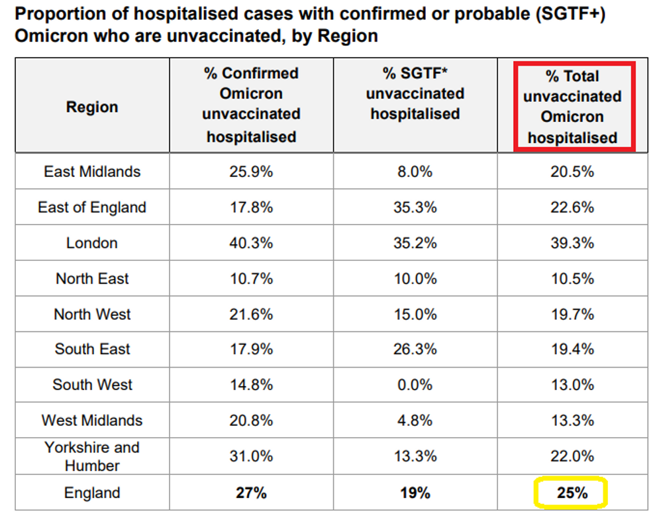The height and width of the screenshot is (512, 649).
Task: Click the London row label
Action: pyautogui.click(x=92, y=243)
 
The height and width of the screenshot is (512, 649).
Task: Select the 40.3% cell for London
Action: pyautogui.click(x=251, y=243)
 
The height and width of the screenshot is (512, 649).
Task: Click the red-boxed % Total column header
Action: pyautogui.click(x=572, y=107)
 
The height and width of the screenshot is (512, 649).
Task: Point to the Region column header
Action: pyautogui.click(x=92, y=107)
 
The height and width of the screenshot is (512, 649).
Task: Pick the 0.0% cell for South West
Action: pyautogui.click(x=415, y=385)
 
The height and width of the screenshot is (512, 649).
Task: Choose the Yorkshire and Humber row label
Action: pyautogui.click(x=92, y=456)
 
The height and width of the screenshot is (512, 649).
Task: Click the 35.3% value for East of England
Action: pyautogui.click(x=415, y=207)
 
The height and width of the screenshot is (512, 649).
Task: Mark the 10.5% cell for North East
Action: pyautogui.click(x=572, y=279)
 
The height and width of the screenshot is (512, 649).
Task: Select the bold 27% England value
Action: pyautogui.click(x=251, y=493)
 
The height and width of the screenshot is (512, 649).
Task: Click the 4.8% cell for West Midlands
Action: pyautogui.click(x=415, y=421)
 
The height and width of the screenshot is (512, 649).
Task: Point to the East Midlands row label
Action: pyautogui.click(x=92, y=172)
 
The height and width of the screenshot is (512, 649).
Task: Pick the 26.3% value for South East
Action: pyautogui.click(x=415, y=349)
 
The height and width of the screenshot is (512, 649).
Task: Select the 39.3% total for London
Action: pyautogui.click(x=572, y=243)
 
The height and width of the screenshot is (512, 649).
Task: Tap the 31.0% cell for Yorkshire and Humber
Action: pyautogui.click(x=251, y=456)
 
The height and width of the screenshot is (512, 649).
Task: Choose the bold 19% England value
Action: pyautogui.click(x=415, y=493)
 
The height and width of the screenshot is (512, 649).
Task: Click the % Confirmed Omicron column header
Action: pyautogui.click(x=251, y=105)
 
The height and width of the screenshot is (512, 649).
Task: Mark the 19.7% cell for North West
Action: pyautogui.click(x=572, y=314)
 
